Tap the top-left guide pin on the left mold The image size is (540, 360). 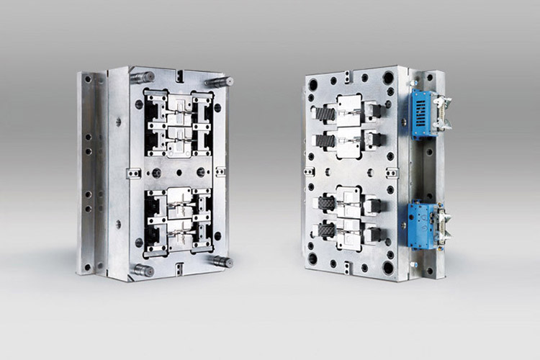coord(143,76)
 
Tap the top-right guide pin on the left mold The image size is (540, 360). coord(220,81)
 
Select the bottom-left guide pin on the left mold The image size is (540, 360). coord(142,271)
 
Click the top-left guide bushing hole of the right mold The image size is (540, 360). coord(314,84)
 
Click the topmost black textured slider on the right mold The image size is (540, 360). coord(325,112)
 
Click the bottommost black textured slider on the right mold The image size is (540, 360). coord(325,233)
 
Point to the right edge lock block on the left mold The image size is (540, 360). coord(220,171)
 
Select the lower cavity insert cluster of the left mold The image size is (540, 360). coord(179,220)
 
